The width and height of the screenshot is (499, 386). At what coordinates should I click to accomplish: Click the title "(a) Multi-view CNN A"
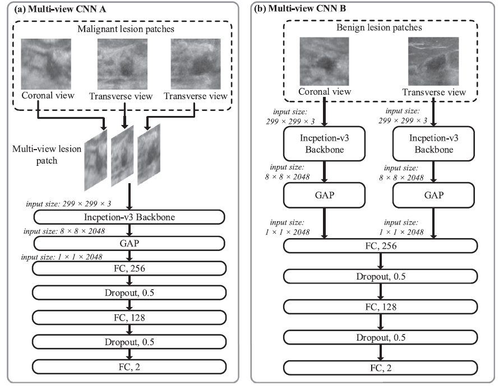60,9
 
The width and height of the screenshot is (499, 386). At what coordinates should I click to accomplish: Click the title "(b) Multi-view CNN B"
300,8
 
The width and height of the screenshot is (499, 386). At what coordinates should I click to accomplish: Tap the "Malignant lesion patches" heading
126,29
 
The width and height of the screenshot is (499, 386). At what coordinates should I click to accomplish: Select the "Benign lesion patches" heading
379,27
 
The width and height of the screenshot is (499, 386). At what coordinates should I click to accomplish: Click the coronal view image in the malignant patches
46,64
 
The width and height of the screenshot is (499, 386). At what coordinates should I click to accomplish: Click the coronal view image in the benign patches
324,62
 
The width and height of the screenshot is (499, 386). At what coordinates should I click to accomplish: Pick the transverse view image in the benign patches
433,62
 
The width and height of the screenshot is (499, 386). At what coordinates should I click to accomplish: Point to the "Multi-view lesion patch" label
47,155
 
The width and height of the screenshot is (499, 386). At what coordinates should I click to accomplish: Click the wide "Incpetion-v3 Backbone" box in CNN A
129,217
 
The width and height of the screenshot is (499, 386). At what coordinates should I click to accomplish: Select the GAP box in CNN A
129,243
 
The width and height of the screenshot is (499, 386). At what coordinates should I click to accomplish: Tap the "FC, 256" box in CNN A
129,268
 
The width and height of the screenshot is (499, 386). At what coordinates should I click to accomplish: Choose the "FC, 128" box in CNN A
129,317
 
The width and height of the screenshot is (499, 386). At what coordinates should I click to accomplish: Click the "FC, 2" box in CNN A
129,366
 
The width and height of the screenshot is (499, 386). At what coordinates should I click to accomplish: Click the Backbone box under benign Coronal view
324,143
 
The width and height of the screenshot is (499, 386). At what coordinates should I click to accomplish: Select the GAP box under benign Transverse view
433,195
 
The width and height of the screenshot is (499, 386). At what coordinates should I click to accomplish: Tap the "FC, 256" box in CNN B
380,246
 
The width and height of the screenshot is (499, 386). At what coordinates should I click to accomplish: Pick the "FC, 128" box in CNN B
380,307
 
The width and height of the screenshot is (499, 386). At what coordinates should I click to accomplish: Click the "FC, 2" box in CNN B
380,368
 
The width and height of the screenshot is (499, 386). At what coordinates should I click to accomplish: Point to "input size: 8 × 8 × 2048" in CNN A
64,231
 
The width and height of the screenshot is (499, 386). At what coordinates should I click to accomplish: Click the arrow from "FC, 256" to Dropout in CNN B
380,262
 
